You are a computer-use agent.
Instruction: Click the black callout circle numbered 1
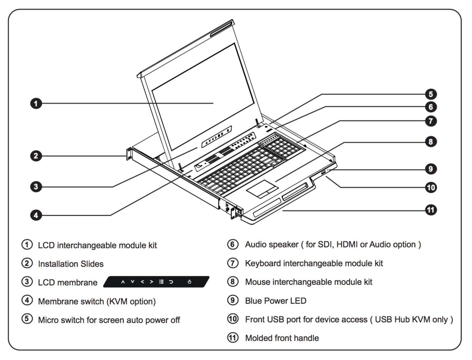coord(36,103)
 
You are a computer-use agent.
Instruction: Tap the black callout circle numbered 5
coord(430,94)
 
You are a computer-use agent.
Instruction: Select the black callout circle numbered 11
coord(430,210)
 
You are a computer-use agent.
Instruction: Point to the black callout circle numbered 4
coord(36,215)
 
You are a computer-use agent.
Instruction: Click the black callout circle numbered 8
coord(430,142)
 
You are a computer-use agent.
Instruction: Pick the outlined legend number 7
coord(233,263)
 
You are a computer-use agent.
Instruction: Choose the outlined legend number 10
coord(233,319)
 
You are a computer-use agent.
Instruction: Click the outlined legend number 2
coord(27,263)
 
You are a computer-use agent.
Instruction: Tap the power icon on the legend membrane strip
coord(189,282)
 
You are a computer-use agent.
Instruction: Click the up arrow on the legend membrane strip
coord(123,282)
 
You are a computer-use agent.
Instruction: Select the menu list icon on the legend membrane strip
coord(161,282)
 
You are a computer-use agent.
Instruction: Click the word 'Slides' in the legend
coord(92,264)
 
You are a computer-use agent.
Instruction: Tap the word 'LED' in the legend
coord(298,301)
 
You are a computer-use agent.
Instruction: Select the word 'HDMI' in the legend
coord(347,245)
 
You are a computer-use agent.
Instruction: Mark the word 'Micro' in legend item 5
coord(48,320)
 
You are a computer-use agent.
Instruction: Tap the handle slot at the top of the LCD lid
coord(222,29)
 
